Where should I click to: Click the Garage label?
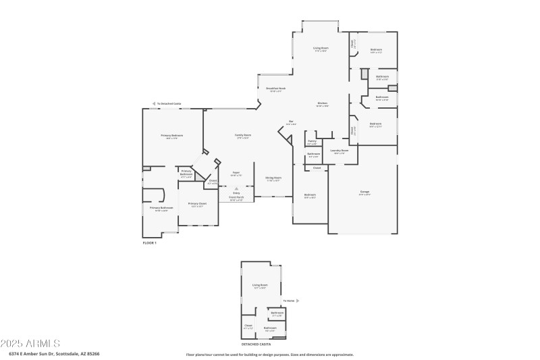point(364,192)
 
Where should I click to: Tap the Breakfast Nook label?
point(275,88)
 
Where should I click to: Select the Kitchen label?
point(323,103)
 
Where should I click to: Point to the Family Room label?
point(242,136)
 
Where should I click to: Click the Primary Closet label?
point(197,203)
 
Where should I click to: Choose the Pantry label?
point(312,141)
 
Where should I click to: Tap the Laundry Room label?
point(340,151)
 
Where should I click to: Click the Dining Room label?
point(273,178)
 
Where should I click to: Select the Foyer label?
point(236,172)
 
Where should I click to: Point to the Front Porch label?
point(236,198)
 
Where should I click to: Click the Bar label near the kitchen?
point(291,122)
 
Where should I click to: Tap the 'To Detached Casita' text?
point(169,103)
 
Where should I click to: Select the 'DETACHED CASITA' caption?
point(256,344)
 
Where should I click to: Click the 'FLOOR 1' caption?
point(149,242)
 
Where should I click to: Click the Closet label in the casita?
point(248,326)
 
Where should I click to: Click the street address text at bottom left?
point(54,354)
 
